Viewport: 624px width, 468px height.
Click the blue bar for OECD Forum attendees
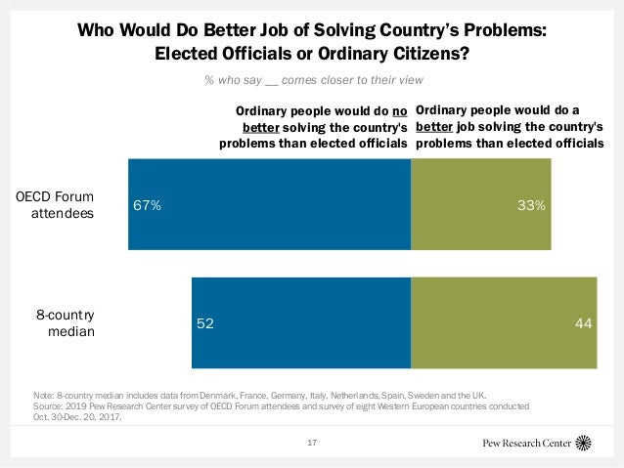pos(269,203)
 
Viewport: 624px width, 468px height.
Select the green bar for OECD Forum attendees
pos(481,203)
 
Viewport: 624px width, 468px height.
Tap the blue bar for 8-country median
pos(301,323)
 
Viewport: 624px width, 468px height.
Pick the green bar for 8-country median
pos(504,323)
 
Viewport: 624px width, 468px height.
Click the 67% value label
pos(148,206)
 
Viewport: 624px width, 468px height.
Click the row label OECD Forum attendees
pos(56,205)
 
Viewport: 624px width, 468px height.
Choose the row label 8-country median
pos(66,323)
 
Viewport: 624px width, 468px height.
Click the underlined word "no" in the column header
pos(398,111)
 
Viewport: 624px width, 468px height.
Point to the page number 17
pos(312,444)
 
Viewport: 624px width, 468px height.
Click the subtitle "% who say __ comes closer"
pos(313,80)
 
